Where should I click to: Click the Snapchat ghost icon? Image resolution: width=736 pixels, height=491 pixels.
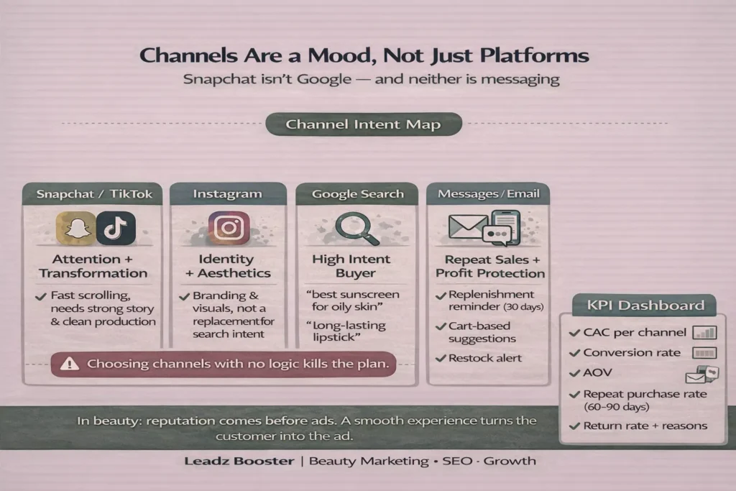coord(76,228)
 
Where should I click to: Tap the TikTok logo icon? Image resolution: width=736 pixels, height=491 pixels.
coord(116,228)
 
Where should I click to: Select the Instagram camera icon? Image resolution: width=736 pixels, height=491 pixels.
coord(229,228)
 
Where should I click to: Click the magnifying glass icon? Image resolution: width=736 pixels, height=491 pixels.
coord(357,229)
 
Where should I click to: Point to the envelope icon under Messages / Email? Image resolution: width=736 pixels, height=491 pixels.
coord(467,226)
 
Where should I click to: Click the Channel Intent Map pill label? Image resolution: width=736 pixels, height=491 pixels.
coord(364,124)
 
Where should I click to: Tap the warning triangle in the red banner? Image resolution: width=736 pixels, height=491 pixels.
coord(70,364)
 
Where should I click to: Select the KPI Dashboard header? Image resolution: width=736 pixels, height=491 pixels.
coord(645,305)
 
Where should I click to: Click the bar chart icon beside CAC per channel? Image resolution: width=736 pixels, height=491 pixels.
coord(704,333)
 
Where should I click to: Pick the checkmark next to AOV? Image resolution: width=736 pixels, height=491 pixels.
coord(574,373)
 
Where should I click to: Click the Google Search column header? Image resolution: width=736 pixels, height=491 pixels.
coord(358,194)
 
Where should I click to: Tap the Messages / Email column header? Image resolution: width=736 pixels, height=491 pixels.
coord(488,194)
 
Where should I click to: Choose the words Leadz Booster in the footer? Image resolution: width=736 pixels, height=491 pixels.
coord(239,461)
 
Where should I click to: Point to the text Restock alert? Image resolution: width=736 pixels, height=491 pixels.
coord(485,358)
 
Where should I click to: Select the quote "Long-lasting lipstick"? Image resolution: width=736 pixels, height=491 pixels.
coord(346,331)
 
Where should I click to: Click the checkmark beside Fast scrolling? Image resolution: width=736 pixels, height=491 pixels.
coord(41,297)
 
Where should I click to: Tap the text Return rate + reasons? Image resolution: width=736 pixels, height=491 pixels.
coord(645,426)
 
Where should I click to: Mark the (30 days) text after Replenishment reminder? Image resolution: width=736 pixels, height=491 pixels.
coord(523,307)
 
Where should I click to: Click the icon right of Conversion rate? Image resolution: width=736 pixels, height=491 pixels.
coord(704,353)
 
